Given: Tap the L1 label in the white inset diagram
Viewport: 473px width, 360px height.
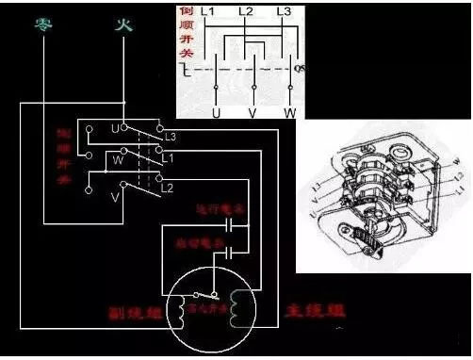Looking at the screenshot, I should click(x=209, y=12).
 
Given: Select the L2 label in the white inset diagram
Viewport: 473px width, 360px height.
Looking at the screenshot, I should click(x=246, y=12).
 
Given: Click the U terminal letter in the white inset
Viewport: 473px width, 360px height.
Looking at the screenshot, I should click(x=218, y=111).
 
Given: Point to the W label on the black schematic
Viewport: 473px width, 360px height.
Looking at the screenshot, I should click(x=118, y=159).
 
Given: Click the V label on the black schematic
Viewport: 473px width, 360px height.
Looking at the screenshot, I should click(x=113, y=197).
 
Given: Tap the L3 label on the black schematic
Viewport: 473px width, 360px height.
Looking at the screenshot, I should click(x=169, y=138).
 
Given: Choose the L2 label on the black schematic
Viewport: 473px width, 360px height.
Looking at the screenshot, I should click(x=169, y=190).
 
